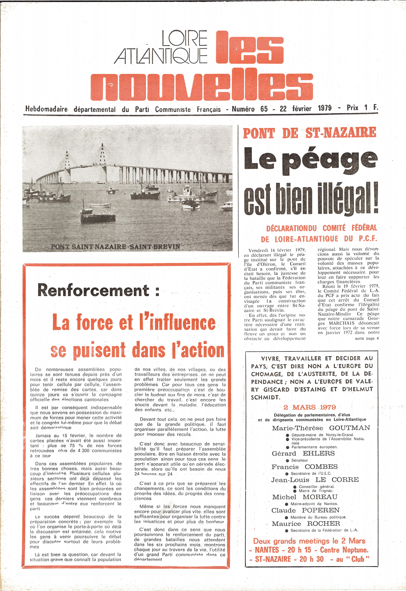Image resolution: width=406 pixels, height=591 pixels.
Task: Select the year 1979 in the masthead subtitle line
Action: pos(325,108)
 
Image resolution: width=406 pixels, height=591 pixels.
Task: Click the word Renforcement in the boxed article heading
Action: pos(93,290)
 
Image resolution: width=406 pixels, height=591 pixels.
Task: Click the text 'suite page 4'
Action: pos(367,338)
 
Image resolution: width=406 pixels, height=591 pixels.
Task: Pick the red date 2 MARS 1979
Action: pos(310,407)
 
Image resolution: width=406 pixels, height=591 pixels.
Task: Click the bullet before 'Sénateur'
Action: pos(287,461)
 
